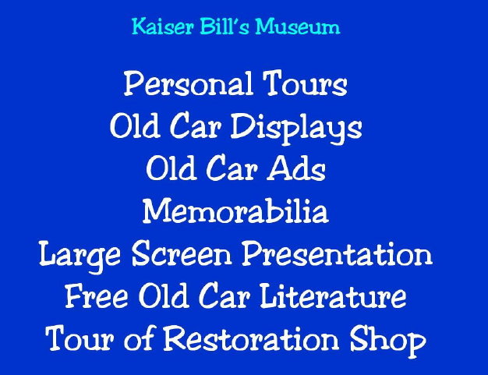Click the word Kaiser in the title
[162, 27]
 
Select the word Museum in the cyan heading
[298, 27]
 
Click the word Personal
[188, 84]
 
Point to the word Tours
[305, 83]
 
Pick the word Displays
[296, 128]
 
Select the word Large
[80, 255]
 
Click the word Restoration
[251, 338]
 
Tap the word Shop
[387, 340]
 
